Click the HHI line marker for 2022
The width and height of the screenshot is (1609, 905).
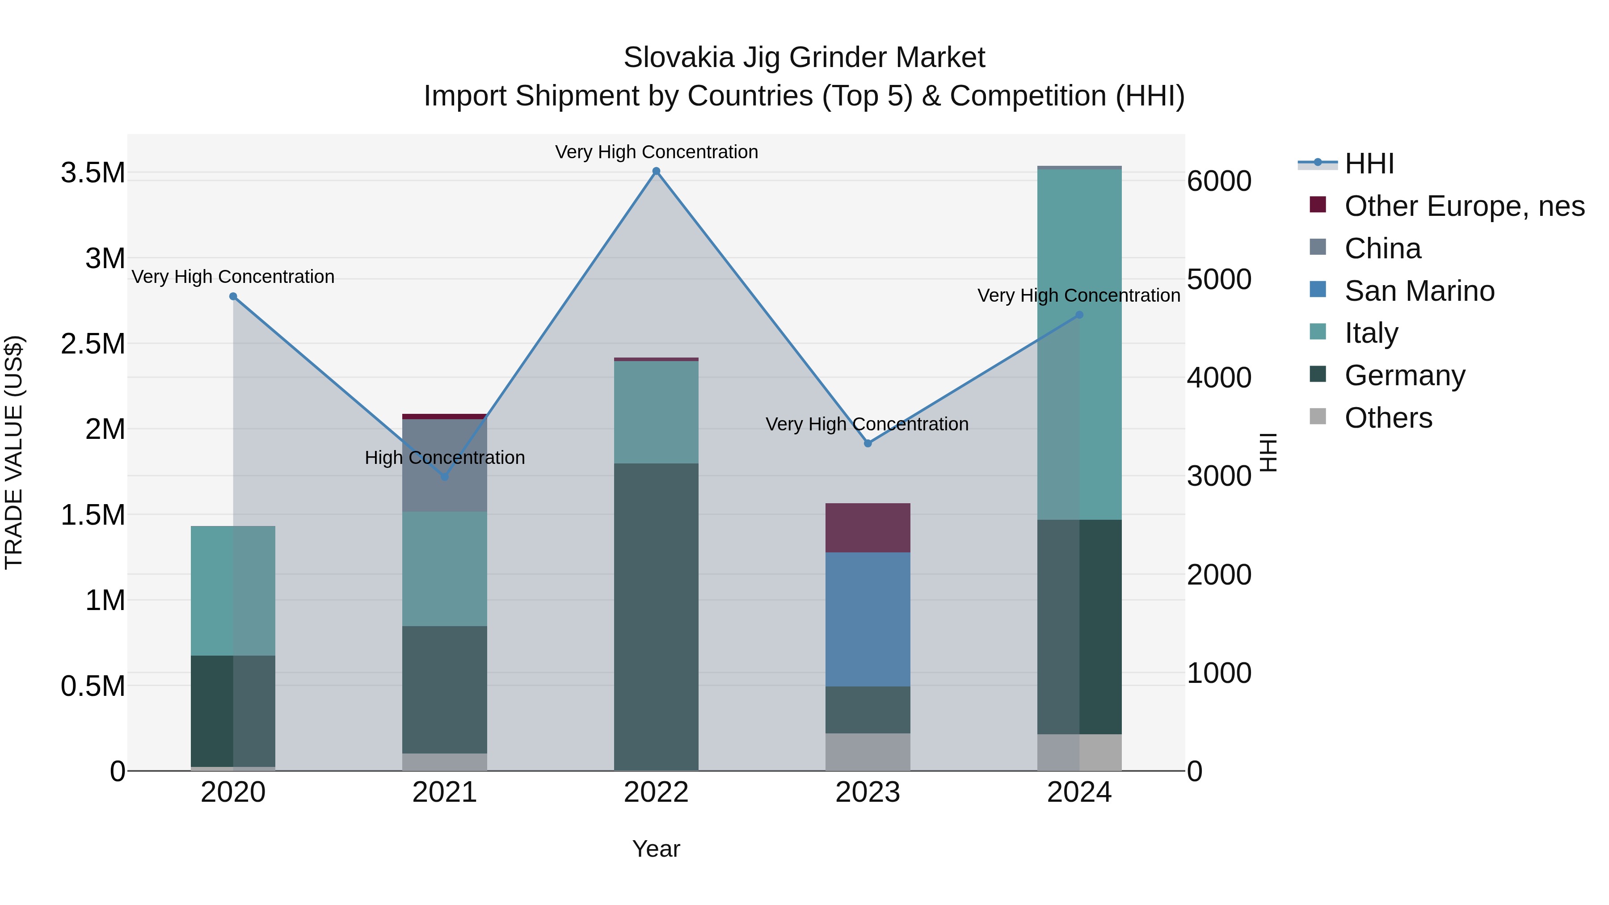(x=656, y=171)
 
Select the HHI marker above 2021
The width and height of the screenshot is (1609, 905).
(x=445, y=476)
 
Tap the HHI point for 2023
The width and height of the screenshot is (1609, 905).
(x=868, y=443)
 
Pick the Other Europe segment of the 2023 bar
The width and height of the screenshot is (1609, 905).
(x=868, y=527)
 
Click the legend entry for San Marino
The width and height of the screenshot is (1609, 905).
(x=1419, y=291)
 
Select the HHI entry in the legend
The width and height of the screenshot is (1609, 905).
(x=1369, y=164)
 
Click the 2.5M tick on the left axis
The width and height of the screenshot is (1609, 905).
(x=93, y=344)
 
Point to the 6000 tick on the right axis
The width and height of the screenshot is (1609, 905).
(x=1219, y=181)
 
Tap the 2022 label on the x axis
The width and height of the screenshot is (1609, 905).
(x=656, y=792)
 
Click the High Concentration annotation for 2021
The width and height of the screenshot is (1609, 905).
(x=445, y=458)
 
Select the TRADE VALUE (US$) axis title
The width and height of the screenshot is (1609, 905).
(x=14, y=452)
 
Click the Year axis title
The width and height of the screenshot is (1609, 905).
(x=656, y=849)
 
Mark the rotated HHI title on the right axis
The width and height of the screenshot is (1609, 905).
(x=1268, y=452)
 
